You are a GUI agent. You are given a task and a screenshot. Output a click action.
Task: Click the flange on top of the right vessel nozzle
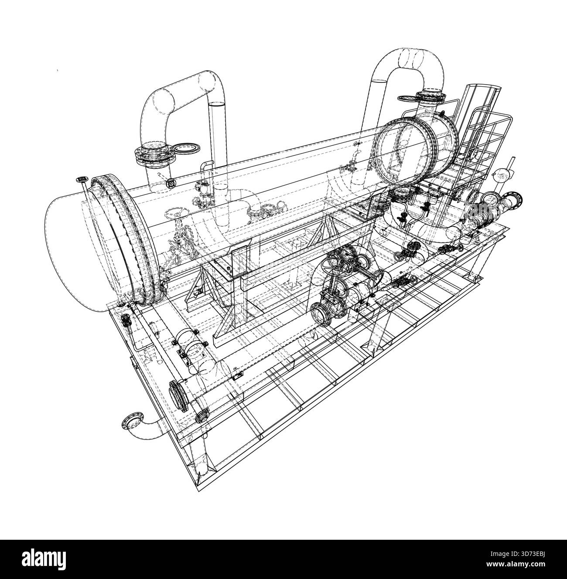click(430, 95)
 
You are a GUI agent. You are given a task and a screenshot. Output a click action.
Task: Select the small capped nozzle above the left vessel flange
click(82, 179)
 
